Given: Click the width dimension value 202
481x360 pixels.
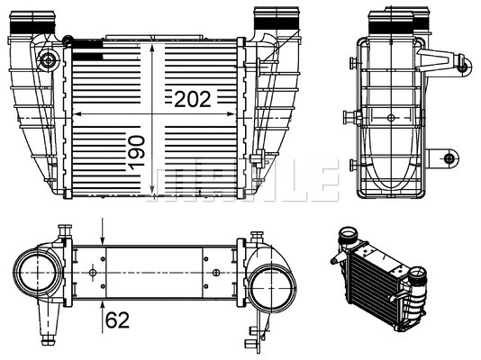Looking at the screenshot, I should coord(193,99).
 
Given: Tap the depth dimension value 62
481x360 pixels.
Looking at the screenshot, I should coord(116,318).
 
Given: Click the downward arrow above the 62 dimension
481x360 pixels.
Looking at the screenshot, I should coord(104,236).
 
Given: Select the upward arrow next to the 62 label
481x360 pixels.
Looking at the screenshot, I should coord(104,306).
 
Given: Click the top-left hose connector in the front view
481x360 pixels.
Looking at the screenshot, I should coord(24,22).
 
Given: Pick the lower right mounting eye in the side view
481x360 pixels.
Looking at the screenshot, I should coord(449,158).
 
